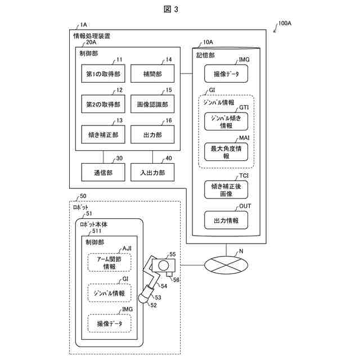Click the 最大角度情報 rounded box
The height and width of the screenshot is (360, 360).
point(226,152)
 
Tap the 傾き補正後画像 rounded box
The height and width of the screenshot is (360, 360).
point(226,189)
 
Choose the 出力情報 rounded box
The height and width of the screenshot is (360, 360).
point(226,221)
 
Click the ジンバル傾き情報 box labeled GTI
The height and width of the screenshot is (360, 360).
point(226,122)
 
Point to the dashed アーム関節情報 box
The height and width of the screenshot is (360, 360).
point(109,262)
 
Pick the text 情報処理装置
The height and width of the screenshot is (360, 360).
point(92,35)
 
